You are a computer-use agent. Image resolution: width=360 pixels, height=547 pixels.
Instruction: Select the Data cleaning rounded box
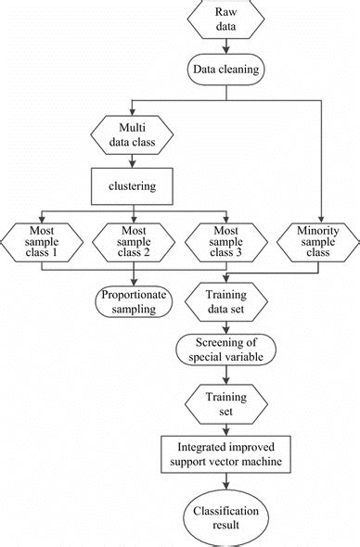coord(225,68)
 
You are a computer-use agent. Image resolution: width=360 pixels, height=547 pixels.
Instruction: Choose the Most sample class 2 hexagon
coord(135,243)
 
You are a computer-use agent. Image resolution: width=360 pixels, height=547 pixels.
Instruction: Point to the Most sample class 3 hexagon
coord(225,243)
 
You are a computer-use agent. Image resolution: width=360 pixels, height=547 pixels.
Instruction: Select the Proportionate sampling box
coord(135,302)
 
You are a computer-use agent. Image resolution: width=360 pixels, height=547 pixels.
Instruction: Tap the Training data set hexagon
coord(225,302)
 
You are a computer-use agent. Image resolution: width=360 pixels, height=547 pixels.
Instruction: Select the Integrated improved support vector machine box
coord(225,452)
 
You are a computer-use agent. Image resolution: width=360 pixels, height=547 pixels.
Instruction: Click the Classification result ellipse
coord(225,517)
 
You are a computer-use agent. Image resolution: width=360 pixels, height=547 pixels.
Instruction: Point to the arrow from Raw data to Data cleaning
coord(225,47)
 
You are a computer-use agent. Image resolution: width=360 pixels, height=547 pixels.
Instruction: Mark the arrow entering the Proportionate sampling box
coord(135,278)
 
